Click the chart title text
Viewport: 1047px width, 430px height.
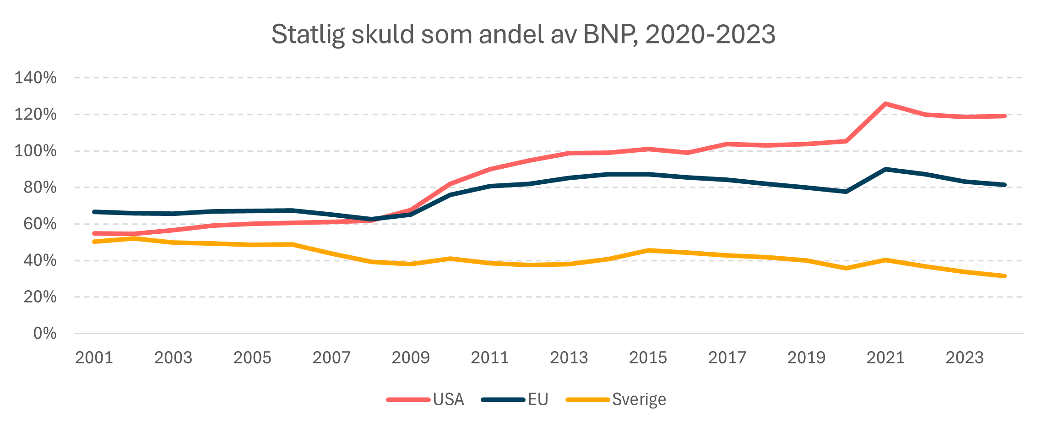point(523,34)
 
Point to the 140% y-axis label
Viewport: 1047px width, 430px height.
point(36,78)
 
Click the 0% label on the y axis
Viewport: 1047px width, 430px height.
point(45,333)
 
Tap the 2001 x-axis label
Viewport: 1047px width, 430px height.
point(94,358)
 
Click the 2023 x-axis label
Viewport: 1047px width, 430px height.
point(965,358)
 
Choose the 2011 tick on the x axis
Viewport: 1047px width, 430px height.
point(490,358)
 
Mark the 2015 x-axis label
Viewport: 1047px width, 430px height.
point(648,358)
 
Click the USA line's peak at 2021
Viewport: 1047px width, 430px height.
point(885,104)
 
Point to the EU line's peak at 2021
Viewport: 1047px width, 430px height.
point(885,169)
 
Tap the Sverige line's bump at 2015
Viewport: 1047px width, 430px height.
point(648,250)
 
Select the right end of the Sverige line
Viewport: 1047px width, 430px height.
point(1004,276)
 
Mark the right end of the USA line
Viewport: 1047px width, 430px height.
point(1004,116)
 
